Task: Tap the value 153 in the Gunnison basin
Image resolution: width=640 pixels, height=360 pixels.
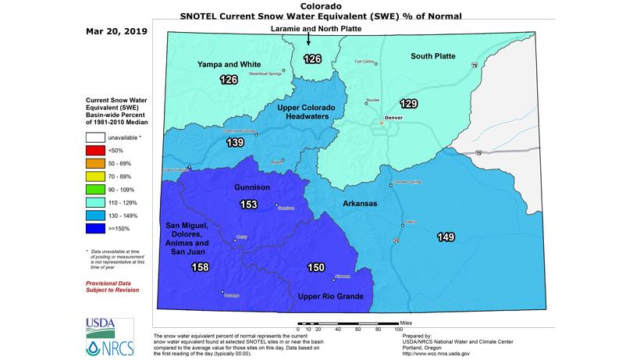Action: coord(248,205)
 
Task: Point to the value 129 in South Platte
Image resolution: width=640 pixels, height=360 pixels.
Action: coord(408,104)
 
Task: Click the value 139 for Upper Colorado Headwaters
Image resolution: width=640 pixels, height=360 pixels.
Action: coord(235,143)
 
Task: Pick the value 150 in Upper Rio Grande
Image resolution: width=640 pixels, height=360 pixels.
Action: coord(315,268)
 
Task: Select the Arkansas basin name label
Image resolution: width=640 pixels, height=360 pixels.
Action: coord(361,203)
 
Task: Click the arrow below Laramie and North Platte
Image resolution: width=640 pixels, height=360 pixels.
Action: coord(309,41)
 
